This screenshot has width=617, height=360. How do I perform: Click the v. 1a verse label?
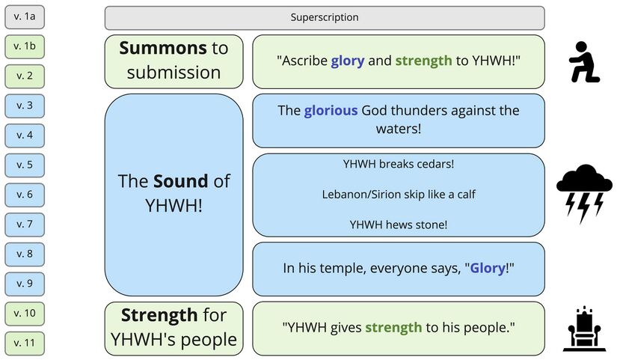tap(25, 16)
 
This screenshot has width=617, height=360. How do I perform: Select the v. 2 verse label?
tap(25, 76)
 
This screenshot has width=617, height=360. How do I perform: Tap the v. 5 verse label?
tap(25, 165)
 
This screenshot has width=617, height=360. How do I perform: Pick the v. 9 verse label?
tap(25, 283)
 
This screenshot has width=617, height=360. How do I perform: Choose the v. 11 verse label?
tap(25, 343)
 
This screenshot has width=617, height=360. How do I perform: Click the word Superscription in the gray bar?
tap(325, 17)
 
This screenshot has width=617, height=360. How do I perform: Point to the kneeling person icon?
tap(584, 62)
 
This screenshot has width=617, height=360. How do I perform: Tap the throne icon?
tap(584, 328)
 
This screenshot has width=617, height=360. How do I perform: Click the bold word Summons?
tap(162, 49)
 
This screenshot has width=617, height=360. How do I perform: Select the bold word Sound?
tap(180, 181)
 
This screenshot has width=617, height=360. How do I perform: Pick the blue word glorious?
tap(331, 111)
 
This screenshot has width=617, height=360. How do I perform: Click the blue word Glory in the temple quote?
tap(488, 268)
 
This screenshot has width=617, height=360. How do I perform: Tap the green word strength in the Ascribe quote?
tap(423, 61)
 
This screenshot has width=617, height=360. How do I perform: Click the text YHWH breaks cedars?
tap(399, 163)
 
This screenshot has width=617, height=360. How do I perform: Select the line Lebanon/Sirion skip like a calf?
tap(399, 194)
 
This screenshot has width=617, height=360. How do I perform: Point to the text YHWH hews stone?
tap(399, 224)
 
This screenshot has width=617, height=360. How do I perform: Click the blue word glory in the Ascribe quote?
tap(348, 61)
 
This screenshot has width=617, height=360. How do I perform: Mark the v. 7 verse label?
tap(25, 224)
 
